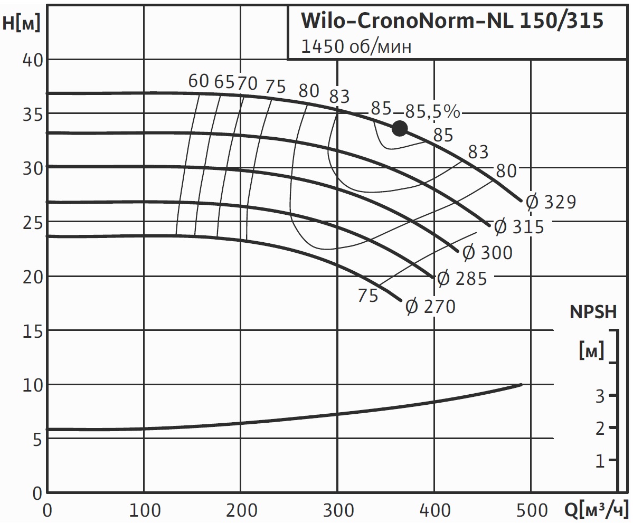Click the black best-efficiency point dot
click(400, 128)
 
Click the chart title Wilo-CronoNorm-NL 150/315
click(451, 22)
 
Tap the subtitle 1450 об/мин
click(356, 46)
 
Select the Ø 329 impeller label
click(550, 202)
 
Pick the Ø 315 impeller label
click(518, 227)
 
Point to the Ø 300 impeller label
click(487, 253)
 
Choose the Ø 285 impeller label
click(462, 278)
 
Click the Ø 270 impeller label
click(430, 307)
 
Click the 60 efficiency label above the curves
click(199, 81)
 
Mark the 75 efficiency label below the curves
click(367, 296)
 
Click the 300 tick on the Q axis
click(337, 510)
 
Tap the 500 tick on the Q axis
click(530, 510)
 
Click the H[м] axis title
click(21, 23)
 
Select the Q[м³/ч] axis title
click(597, 510)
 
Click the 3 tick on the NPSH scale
click(599, 396)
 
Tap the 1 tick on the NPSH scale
click(599, 461)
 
